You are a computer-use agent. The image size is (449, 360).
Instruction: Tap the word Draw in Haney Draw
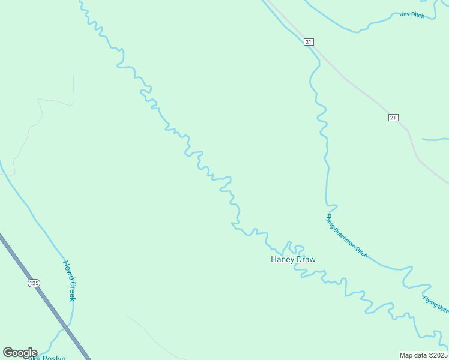305,260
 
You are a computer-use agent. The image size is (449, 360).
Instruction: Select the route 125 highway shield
33,283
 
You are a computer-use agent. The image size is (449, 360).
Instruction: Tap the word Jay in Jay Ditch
405,13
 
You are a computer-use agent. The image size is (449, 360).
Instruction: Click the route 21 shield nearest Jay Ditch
309,41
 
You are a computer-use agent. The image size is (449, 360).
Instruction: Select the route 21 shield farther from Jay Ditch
393,117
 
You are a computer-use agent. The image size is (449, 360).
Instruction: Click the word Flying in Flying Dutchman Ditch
330,218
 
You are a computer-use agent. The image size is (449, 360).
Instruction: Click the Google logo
20,353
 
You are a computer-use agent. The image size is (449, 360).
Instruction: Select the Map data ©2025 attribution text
423,355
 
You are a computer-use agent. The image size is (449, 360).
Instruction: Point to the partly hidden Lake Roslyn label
45,358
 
